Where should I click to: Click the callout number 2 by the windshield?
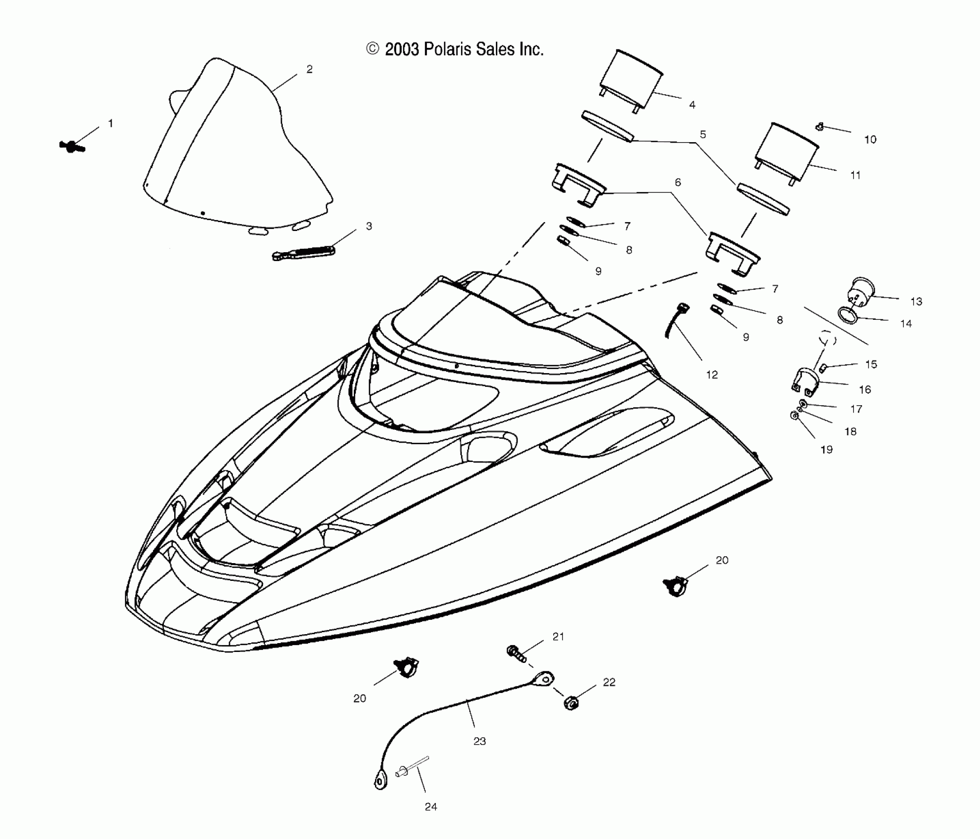click(x=309, y=70)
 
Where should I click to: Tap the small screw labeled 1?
click(x=72, y=146)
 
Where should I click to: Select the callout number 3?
click(x=369, y=226)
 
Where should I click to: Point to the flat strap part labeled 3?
click(x=303, y=252)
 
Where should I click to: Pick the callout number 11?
click(x=855, y=175)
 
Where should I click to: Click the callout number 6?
click(x=678, y=183)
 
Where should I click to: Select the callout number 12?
click(x=712, y=375)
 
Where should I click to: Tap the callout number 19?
click(x=827, y=450)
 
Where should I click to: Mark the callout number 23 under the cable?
click(x=480, y=741)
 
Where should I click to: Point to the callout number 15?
click(x=871, y=364)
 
